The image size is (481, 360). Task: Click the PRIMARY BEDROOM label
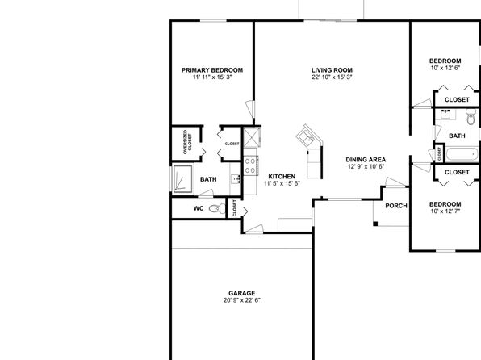(212, 70)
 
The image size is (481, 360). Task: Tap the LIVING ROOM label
(332, 70)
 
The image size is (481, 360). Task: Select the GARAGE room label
(242, 293)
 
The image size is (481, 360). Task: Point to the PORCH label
(396, 206)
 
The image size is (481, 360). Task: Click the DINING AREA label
(366, 160)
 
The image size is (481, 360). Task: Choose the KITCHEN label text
(282, 177)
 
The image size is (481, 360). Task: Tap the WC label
(199, 208)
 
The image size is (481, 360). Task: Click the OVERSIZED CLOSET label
(187, 142)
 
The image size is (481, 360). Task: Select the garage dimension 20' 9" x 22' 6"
(242, 300)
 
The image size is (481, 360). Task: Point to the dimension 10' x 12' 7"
(445, 211)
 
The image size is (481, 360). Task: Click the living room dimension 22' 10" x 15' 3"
(332, 77)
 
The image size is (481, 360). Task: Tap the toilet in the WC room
(217, 209)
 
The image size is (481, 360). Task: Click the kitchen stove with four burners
(250, 165)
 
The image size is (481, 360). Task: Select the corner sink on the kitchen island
(307, 137)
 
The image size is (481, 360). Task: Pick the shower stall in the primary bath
(183, 179)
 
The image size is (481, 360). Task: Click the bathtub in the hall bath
(462, 154)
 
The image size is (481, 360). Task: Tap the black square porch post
(375, 224)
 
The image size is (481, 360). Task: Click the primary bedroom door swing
(250, 109)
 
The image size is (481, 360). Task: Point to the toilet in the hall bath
(471, 116)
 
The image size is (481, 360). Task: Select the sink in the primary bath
(236, 178)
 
